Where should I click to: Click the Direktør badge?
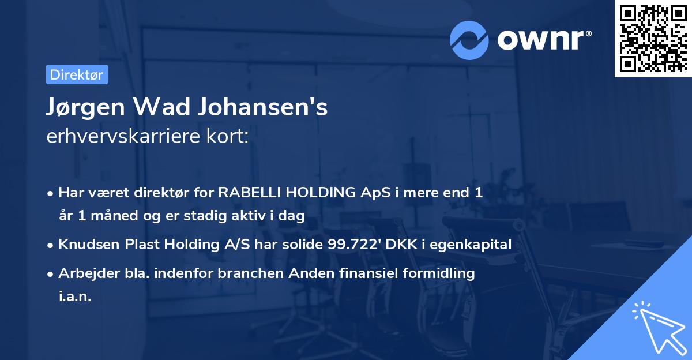coord(77,74)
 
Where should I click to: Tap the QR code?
coord(653,39)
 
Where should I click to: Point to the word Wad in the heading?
coord(156,108)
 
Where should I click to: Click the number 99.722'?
coord(351,245)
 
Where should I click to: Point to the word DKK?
coord(403,245)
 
